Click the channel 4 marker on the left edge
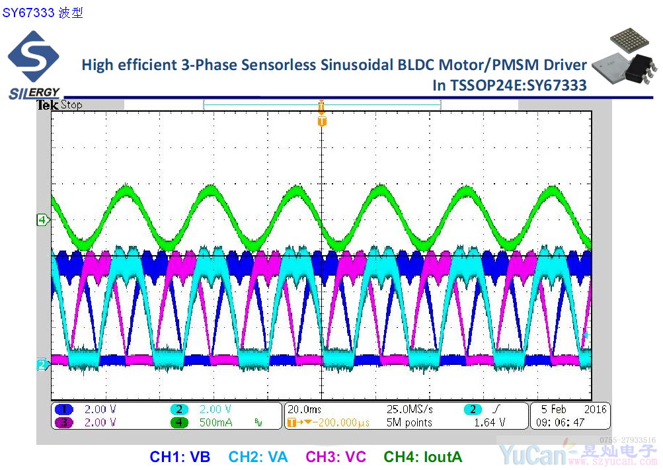pos(42,220)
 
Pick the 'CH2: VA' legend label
pos(258,457)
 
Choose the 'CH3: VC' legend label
pos(336,457)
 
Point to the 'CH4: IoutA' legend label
pos(423,457)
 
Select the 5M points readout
pos(409,422)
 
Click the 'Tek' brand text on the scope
pos(47,105)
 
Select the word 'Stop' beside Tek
pos(71,105)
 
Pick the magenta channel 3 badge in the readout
pos(63,422)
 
